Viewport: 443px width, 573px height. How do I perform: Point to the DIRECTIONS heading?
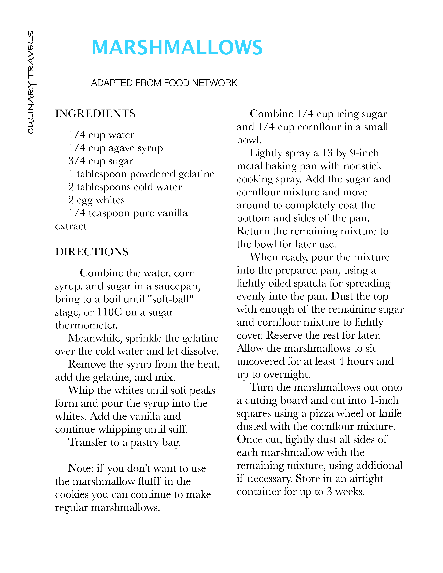coord(92,252)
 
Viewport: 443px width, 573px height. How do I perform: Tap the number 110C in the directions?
coord(109,312)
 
